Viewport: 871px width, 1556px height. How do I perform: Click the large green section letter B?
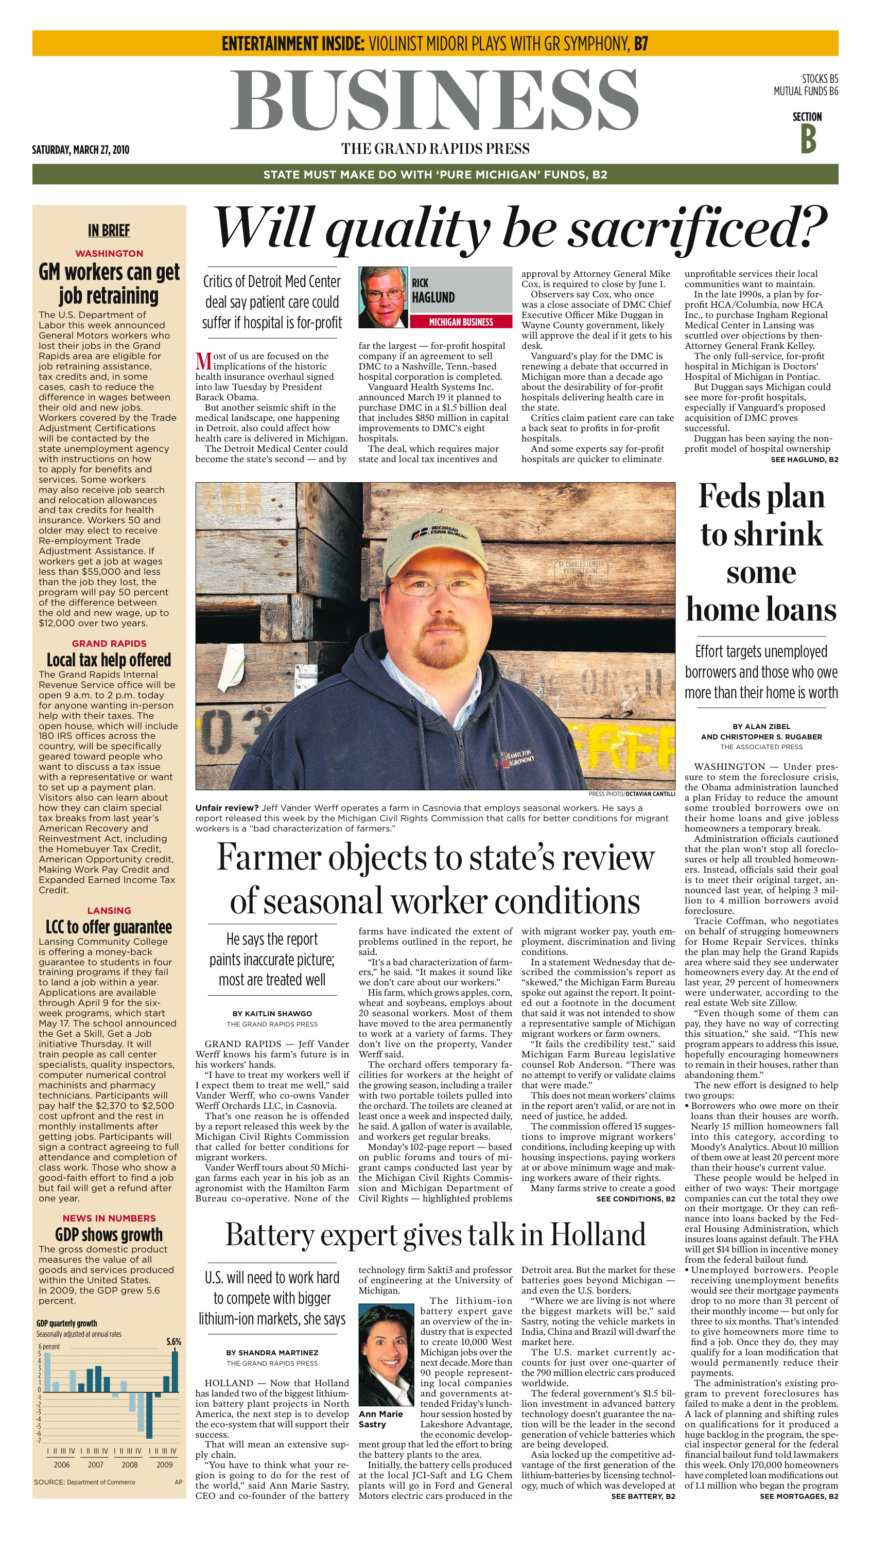808,138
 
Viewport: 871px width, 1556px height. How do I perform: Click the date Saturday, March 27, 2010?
80,150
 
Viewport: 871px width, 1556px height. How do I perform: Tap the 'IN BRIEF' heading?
109,230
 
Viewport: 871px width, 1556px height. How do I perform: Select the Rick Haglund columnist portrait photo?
382,297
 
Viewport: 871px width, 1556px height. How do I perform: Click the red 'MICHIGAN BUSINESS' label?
461,322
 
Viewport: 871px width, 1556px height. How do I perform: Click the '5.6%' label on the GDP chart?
173,1341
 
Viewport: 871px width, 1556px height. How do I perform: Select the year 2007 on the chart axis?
96,1464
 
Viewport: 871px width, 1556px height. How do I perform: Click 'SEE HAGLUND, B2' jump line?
804,459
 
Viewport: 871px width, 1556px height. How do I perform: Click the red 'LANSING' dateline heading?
109,910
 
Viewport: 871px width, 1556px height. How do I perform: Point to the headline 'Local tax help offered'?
109,660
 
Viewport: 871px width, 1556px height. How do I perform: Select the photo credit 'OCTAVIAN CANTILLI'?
650,794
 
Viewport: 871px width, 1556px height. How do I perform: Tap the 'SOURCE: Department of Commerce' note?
84,1482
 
